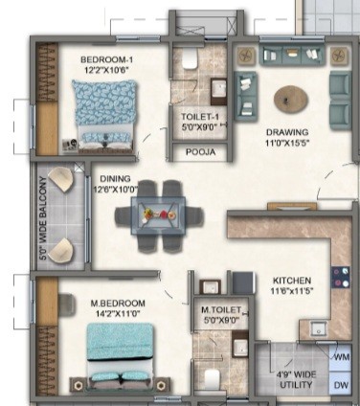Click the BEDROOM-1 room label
point(106,59)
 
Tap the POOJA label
point(200,152)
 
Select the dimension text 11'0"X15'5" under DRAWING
point(287,143)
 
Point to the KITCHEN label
point(292,281)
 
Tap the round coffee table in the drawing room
point(291,100)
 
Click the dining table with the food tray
point(158,216)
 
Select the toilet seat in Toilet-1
point(189,58)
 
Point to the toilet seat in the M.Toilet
point(212,379)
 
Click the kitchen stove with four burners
point(341,277)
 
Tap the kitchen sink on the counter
point(319,328)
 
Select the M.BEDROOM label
point(118,304)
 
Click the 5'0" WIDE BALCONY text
point(43,218)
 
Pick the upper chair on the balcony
point(61,179)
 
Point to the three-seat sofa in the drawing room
point(292,55)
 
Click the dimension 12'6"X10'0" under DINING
point(116,190)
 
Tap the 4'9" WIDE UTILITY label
point(296,379)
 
